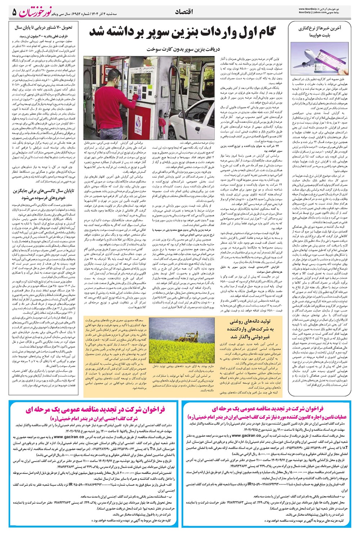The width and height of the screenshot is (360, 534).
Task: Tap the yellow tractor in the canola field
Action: tap(188, 336)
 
